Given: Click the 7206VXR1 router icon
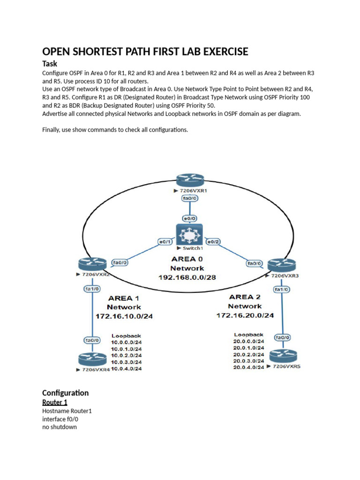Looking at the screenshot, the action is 190,180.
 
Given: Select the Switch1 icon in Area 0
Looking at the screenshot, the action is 189,235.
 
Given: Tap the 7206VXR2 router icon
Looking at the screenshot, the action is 92,264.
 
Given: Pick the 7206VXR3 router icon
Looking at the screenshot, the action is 282,265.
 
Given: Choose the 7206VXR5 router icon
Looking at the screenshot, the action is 283,356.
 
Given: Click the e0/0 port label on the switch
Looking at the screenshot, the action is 190,218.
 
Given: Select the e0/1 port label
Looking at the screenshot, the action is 165,242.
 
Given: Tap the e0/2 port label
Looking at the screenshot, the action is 213,242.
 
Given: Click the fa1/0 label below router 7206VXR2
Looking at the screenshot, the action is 92,289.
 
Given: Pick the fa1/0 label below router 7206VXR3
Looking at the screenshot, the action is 281,289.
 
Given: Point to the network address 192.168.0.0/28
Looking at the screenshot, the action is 187,277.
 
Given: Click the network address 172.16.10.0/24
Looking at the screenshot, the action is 124,316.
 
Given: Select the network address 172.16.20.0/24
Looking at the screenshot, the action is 245,315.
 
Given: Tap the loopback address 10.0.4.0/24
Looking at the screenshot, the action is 126,368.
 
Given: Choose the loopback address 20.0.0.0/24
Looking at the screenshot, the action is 248,341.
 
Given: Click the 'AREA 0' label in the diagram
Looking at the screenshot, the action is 187,259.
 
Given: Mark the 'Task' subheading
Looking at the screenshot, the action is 50,64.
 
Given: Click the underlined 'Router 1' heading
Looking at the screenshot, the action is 54,402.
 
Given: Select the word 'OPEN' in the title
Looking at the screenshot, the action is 56,52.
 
